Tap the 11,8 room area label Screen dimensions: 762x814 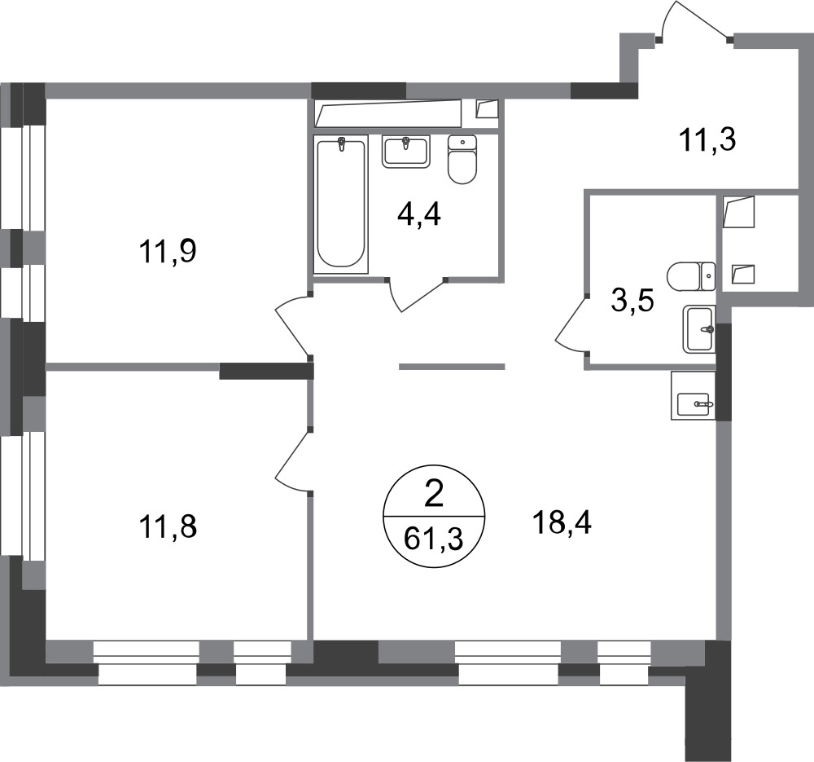click(x=168, y=526)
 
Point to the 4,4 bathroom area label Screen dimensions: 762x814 click(x=420, y=218)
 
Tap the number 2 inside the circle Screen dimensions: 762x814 click(x=433, y=495)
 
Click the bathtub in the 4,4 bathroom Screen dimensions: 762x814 click(x=341, y=203)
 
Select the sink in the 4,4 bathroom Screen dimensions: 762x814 click(x=405, y=152)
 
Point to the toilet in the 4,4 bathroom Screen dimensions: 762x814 click(x=462, y=160)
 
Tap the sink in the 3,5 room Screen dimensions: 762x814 click(x=699, y=329)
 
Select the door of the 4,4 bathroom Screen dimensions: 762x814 click(x=418, y=295)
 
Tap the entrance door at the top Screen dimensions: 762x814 click(x=693, y=20)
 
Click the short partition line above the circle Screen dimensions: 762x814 click(x=452, y=367)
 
